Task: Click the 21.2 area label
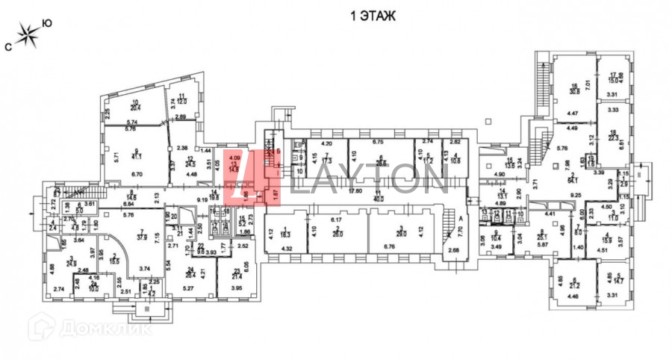tap(573, 284)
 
